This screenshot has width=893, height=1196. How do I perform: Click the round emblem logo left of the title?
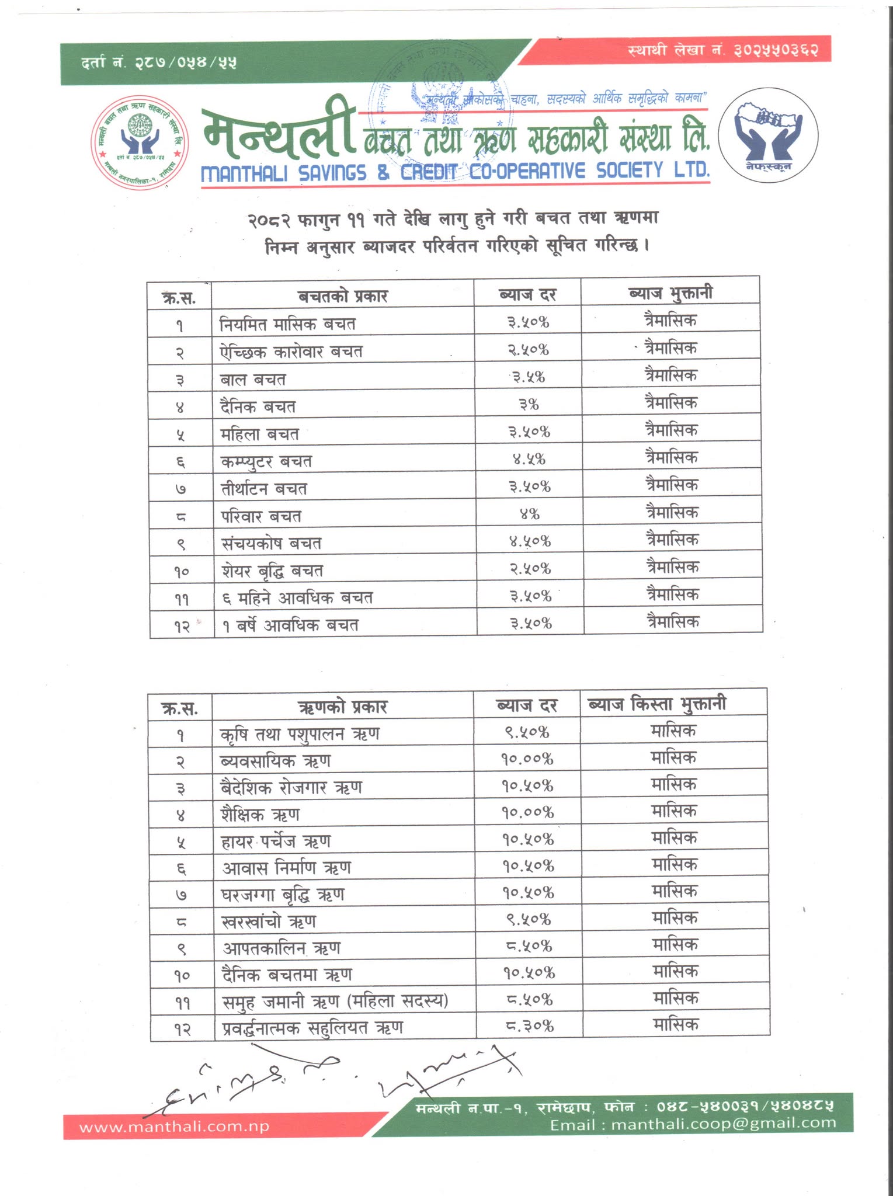(140, 142)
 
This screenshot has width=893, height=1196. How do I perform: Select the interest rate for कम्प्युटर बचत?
(529, 459)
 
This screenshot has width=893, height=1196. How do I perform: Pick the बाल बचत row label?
(253, 380)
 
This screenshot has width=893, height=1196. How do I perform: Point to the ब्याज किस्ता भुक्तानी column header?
(658, 704)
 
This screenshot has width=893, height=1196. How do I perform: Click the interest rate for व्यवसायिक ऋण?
(528, 759)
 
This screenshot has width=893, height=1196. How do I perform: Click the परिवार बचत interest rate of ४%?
(530, 514)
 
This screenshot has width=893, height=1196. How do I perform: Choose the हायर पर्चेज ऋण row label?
(276, 842)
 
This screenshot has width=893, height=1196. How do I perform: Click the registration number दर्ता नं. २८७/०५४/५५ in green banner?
(159, 62)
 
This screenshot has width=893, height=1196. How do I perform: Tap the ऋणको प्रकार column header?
(342, 707)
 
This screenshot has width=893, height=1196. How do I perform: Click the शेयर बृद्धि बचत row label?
(272, 571)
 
